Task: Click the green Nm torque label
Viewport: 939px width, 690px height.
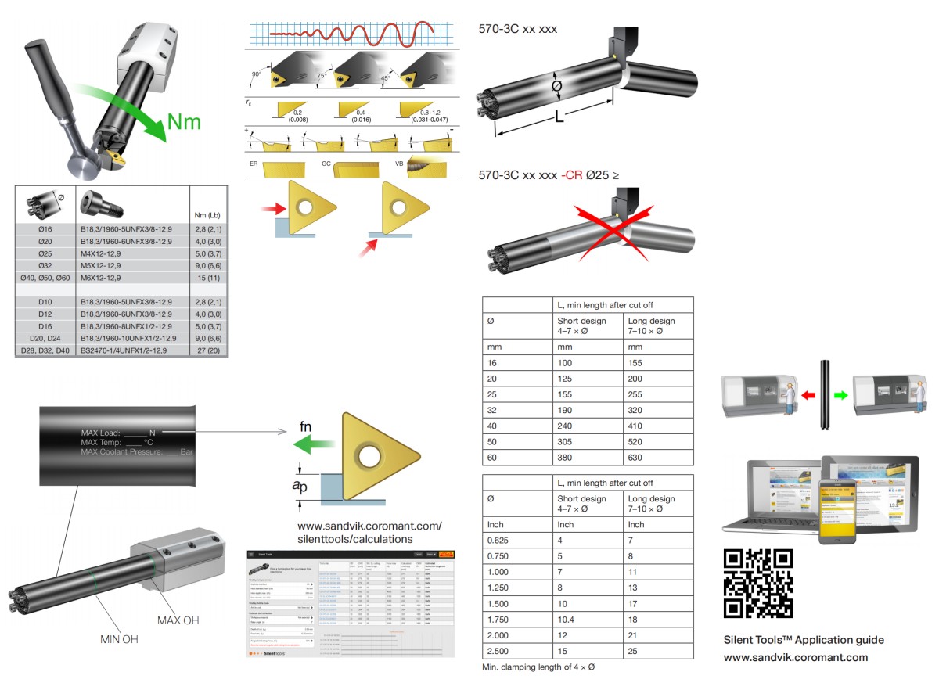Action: coord(182,122)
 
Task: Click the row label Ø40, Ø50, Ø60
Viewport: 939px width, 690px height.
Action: coord(45,278)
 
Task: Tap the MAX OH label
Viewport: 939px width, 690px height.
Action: coord(178,620)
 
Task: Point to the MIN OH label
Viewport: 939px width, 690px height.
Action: coord(119,639)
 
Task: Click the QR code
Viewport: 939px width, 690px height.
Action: coord(758,583)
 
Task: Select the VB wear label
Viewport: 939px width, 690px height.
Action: coord(400,164)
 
